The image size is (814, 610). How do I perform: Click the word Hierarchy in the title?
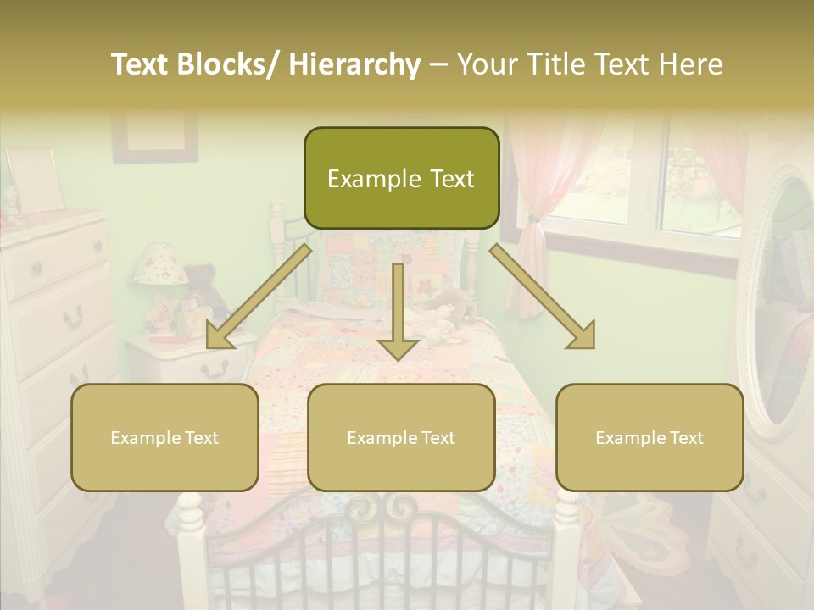click(354, 64)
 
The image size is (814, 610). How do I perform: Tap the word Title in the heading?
click(555, 64)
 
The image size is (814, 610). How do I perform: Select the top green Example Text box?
click(401, 178)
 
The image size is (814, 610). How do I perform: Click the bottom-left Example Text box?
click(164, 437)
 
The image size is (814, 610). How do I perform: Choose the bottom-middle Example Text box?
click(401, 437)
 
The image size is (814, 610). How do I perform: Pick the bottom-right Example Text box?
click(650, 437)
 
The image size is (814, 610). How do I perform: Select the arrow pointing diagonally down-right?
click(543, 296)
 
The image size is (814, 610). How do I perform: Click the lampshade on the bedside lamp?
click(159, 264)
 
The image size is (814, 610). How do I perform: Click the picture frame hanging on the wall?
click(154, 134)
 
